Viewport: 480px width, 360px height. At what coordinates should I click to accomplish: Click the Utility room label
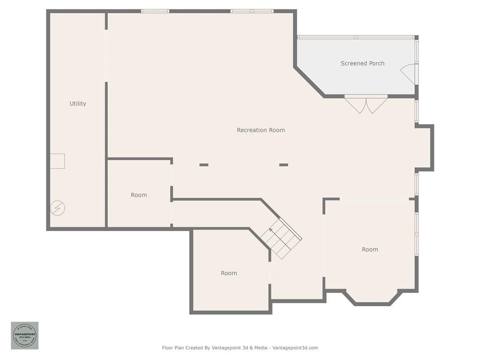78,104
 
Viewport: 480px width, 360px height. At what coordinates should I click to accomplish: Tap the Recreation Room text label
261,130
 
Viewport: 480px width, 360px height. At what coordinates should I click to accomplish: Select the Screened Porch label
362,63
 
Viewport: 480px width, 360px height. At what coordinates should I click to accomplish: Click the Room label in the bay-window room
370,250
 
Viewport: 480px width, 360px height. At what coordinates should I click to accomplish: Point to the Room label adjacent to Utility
139,195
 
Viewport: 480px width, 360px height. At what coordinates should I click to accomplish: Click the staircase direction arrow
270,230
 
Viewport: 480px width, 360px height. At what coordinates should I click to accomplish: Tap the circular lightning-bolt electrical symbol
58,208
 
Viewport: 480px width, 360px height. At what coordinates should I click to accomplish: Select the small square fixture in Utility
58,161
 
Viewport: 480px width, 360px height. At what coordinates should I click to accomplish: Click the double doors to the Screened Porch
366,104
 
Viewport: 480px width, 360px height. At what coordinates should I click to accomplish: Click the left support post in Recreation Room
204,165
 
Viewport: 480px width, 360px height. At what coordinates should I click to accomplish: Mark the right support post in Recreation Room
284,165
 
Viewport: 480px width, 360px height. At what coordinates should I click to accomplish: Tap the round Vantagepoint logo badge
25,336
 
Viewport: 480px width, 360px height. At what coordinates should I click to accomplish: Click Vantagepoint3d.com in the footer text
295,348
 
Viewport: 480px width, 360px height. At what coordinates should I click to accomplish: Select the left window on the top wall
155,11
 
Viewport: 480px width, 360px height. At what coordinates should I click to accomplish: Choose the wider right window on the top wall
252,11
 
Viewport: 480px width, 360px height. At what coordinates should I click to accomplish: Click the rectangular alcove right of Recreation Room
424,148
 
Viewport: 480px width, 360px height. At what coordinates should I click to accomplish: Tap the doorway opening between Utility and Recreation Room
106,56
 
